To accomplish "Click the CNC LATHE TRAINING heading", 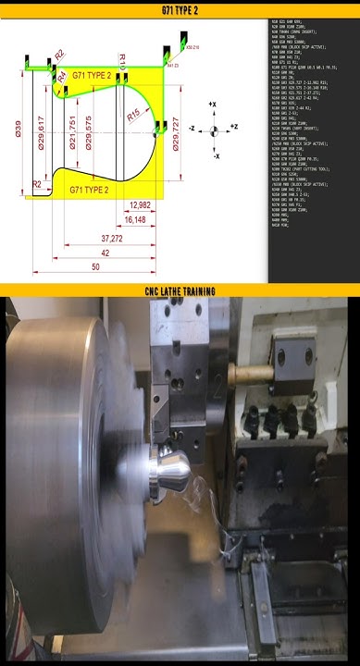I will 180,291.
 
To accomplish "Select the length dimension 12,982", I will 141,203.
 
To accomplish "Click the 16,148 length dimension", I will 135,220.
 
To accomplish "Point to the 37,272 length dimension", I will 112,238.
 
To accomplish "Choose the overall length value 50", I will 95,267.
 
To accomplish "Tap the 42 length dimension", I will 106,253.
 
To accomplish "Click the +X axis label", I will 213,104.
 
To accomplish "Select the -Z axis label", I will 192,128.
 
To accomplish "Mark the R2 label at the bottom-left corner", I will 37,185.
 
